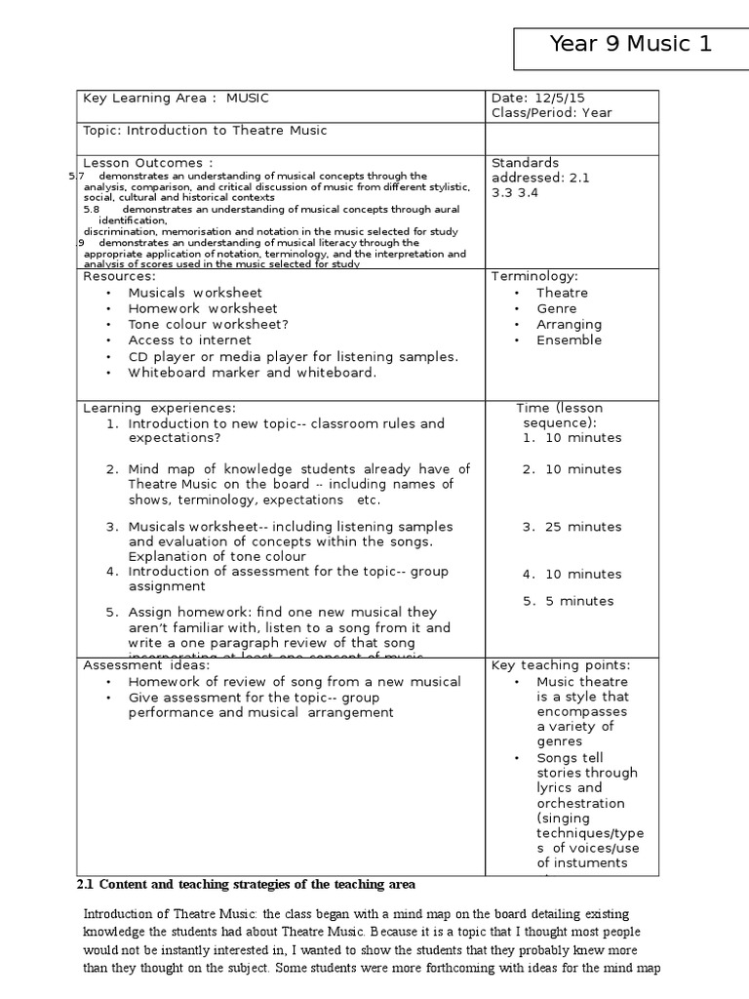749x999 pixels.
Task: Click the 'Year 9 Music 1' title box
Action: click(x=630, y=44)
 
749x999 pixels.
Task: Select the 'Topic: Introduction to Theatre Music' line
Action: click(x=205, y=131)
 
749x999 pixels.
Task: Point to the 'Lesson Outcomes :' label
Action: click(x=147, y=162)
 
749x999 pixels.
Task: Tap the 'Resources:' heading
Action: click(x=119, y=276)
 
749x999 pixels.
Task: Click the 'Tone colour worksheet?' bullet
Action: click(x=209, y=324)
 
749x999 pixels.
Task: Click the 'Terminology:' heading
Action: click(x=534, y=276)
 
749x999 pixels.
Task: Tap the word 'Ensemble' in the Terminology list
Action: click(x=569, y=340)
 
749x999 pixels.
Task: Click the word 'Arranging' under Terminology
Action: click(x=569, y=324)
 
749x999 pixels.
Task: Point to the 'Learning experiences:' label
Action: click(x=159, y=407)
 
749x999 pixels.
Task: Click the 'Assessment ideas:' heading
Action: click(x=145, y=664)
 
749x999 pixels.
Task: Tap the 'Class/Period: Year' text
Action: click(x=552, y=112)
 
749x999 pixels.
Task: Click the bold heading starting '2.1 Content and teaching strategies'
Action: click(x=246, y=884)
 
